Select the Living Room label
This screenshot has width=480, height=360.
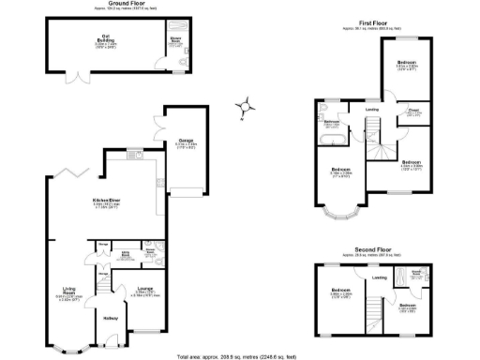[69, 292]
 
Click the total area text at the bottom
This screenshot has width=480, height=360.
[238, 355]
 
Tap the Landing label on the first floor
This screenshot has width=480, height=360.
[372, 110]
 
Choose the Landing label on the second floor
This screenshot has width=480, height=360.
[380, 278]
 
